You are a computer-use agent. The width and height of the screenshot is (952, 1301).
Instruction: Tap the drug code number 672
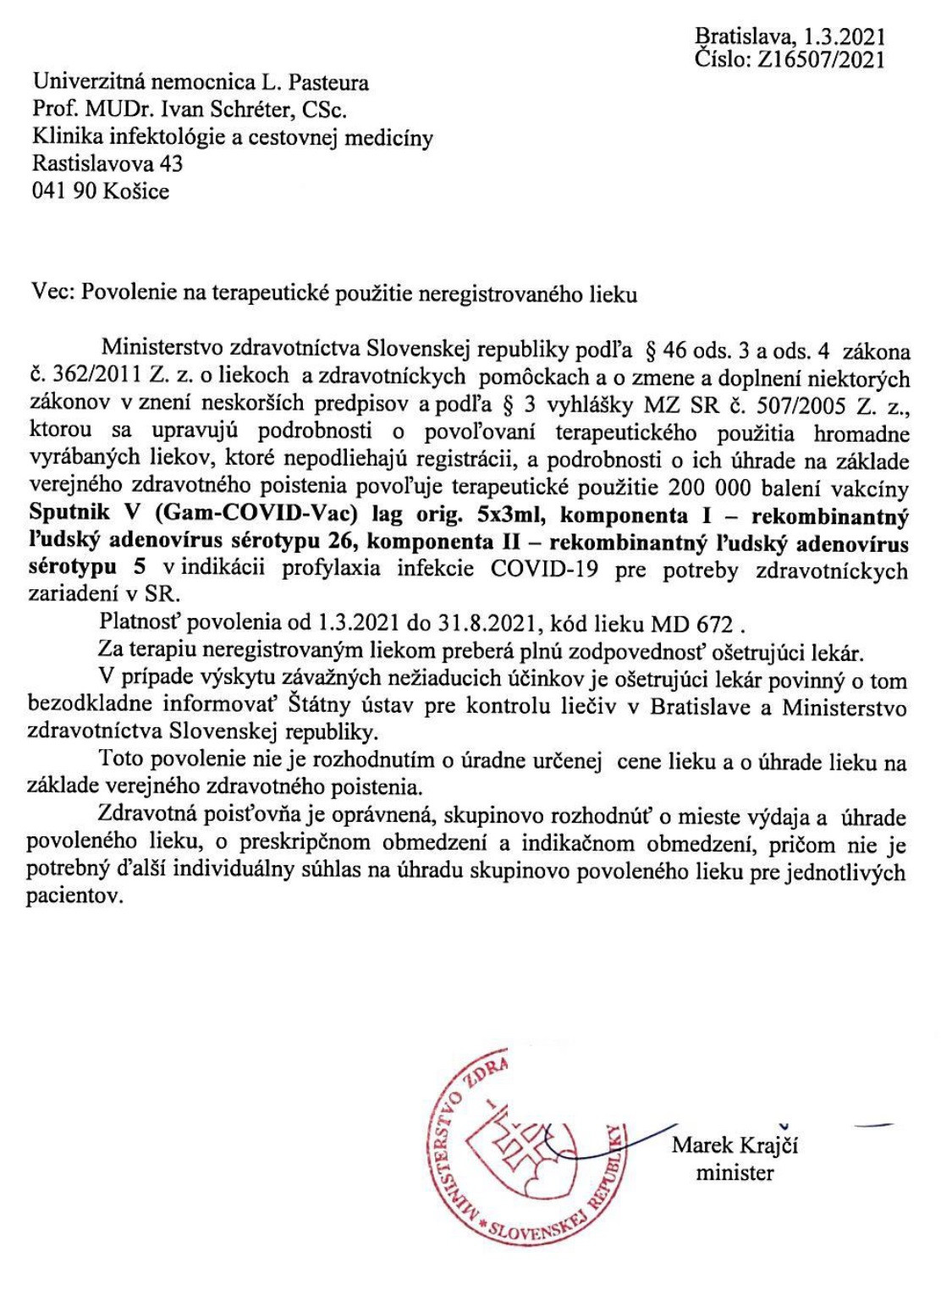715,625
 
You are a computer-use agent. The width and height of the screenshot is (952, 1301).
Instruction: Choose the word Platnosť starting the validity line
141,624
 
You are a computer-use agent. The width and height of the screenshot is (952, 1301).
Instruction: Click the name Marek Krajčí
735,1146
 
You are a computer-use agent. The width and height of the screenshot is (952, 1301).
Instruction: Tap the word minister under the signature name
735,1173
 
